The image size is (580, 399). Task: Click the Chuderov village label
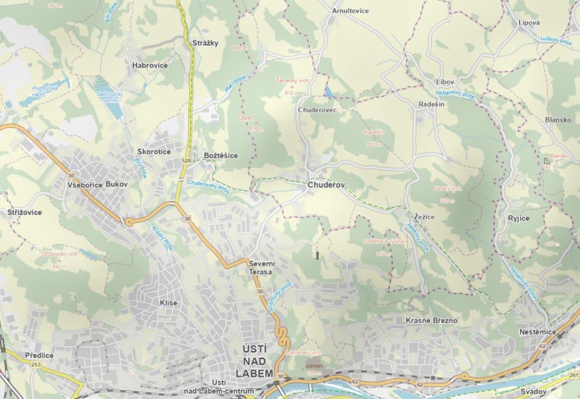point(326,185)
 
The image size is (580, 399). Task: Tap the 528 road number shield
point(186,161)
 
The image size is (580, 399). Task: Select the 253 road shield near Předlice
point(36,365)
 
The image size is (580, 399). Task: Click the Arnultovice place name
point(350,10)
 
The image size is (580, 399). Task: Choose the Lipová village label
point(529,22)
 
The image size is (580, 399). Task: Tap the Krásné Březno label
point(431,320)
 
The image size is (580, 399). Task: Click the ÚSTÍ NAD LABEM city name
point(257,360)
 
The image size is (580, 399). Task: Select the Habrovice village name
point(150,65)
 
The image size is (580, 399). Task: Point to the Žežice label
point(424,217)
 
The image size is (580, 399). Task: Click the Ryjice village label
point(519,218)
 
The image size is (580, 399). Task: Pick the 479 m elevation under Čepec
point(256,129)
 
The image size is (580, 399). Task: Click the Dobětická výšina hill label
point(383,241)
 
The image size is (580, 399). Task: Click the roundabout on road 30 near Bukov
point(128,221)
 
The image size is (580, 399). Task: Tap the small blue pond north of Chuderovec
point(329,91)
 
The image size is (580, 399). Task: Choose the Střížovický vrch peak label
point(59,254)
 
